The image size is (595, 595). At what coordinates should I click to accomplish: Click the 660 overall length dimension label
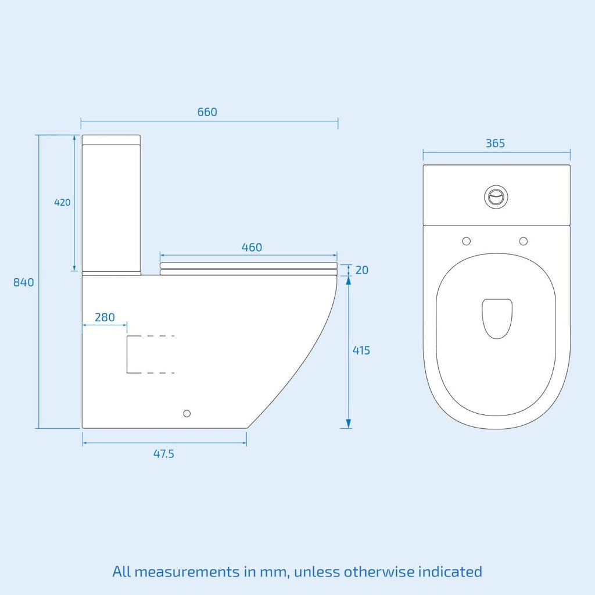[x=207, y=112]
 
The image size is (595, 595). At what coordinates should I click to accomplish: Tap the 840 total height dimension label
[x=23, y=282]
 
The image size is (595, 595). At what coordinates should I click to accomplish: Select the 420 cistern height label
[x=62, y=202]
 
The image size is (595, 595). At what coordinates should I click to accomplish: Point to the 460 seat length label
[x=252, y=248]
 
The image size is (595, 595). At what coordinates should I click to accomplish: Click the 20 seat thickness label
[x=362, y=270]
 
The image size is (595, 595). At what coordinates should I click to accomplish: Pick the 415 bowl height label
[x=361, y=350]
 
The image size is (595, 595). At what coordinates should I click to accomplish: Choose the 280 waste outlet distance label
[x=105, y=317]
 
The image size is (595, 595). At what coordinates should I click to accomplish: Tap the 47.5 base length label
[x=163, y=454]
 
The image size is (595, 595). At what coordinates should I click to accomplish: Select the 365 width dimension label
[x=495, y=144]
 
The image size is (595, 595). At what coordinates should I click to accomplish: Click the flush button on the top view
[x=496, y=196]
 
